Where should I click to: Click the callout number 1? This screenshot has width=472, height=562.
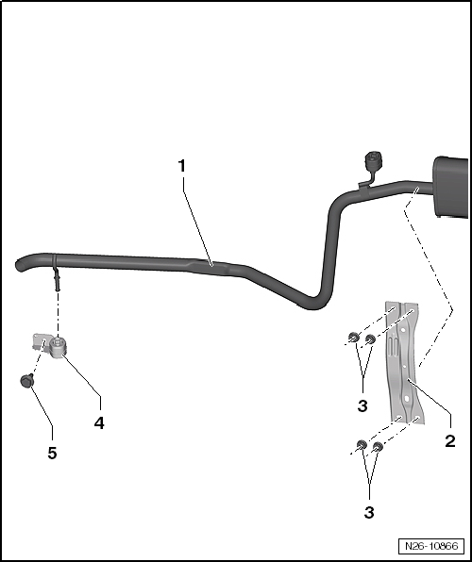tap(182, 166)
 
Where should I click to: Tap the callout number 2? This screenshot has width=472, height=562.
tap(451, 440)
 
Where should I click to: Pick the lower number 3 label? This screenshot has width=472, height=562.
tap(369, 512)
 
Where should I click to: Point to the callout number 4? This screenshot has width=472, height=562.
tap(98, 423)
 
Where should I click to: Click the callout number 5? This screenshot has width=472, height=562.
tap(52, 454)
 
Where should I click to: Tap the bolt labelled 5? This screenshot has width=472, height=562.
tap(27, 380)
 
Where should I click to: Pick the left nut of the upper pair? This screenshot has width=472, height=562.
tap(353, 337)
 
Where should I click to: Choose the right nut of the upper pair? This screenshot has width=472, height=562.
tap(370, 338)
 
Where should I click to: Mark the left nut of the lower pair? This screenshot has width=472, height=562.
tap(362, 445)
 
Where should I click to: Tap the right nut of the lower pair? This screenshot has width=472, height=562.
tap(379, 446)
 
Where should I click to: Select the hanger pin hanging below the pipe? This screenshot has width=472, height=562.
tap(59, 276)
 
